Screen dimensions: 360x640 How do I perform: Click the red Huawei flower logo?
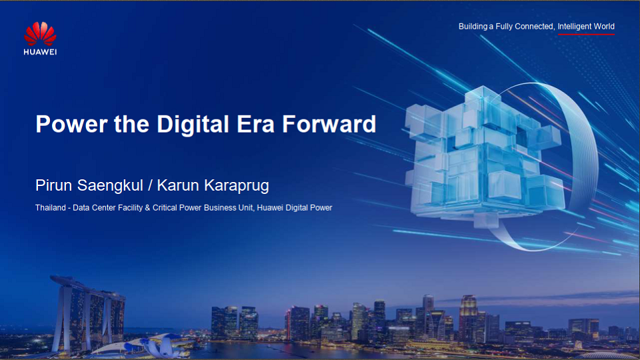point(40,34)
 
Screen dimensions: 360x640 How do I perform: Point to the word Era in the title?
point(257,125)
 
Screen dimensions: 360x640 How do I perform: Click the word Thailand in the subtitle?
point(51,208)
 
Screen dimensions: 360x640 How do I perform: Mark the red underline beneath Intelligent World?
point(586,34)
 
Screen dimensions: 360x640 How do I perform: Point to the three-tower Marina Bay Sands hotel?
point(87,313)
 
